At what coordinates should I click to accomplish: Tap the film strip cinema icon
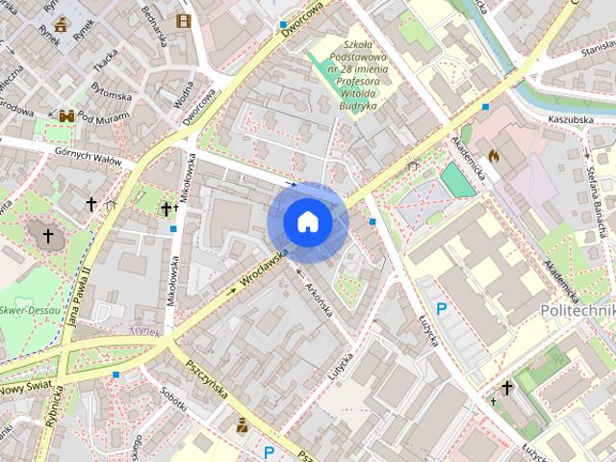pos(183,20)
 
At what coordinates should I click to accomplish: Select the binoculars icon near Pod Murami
pos(66,115)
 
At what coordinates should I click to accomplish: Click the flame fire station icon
pos(495,154)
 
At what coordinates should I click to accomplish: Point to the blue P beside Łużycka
pos(442,309)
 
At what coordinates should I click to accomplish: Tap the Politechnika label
pos(577,311)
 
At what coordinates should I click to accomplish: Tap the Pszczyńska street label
pos(206,379)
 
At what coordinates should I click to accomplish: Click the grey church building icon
pos(46,234)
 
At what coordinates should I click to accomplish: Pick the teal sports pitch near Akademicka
pos(457,180)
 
